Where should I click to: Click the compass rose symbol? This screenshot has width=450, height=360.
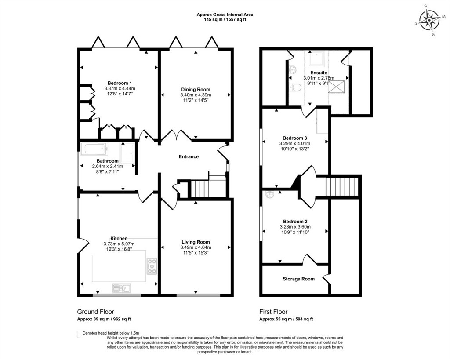tap(429, 20)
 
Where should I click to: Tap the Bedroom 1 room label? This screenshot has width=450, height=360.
tap(120, 83)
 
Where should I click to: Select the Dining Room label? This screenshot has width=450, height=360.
tap(196, 90)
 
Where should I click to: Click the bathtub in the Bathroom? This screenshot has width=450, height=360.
tap(94, 149)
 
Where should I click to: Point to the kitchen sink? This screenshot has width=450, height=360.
tap(122, 288)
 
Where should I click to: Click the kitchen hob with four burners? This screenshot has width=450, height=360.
tap(152, 266)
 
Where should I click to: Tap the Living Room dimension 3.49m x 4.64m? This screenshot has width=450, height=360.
tap(196, 247)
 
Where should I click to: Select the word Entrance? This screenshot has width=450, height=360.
tap(189, 157)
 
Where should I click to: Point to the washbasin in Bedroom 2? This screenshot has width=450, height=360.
tap(270, 195)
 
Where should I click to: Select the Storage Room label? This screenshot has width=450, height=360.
tap(298, 279)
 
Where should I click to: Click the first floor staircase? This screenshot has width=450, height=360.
tap(342, 187)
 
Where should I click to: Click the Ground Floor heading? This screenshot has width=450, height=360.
tap(95, 312)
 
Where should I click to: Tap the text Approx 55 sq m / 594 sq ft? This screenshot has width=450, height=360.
tap(286, 319)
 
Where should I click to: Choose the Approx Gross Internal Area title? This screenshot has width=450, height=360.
tap(225, 15)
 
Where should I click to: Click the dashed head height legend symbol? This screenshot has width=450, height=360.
tap(79, 334)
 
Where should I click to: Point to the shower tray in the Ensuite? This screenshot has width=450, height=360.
tap(317, 59)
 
